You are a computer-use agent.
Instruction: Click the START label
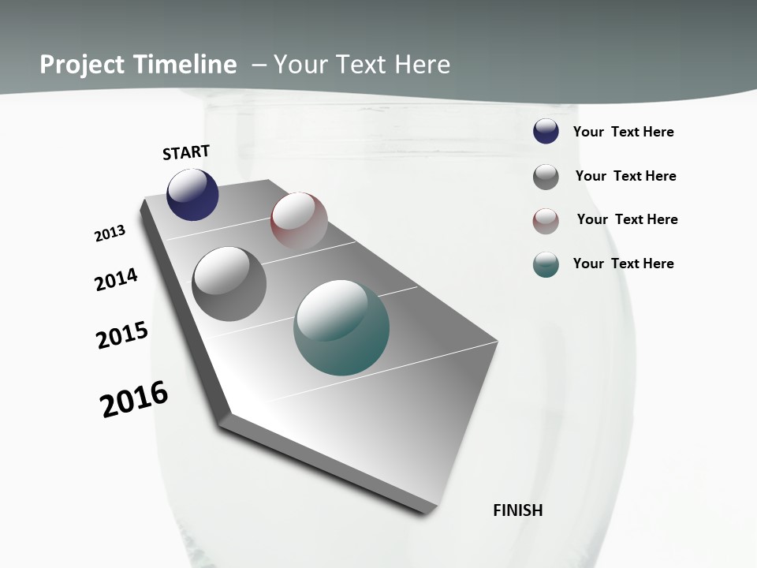click(186, 152)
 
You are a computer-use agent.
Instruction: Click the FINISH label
click(517, 510)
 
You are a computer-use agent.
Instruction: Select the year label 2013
click(110, 233)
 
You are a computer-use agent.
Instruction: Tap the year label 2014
click(117, 279)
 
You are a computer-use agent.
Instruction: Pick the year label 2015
click(122, 334)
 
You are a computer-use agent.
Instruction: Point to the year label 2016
click(134, 398)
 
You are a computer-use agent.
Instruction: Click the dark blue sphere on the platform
click(192, 195)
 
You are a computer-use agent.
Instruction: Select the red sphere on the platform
click(299, 220)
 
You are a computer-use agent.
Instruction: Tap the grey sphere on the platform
click(229, 283)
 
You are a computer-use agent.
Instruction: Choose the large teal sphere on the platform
click(341, 327)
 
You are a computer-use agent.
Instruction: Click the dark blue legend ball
click(546, 132)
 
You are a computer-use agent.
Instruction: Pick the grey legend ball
click(546, 177)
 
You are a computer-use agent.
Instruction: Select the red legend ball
click(546, 221)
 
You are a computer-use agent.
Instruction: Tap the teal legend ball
click(546, 264)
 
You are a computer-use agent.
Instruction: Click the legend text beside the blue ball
click(623, 132)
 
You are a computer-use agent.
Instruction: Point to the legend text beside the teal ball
click(623, 263)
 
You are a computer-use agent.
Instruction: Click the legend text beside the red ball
click(627, 219)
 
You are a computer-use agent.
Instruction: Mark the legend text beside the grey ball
click(625, 176)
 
